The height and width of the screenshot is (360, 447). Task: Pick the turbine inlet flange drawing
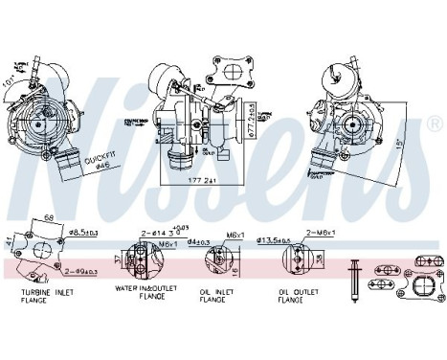[x=42, y=252]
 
